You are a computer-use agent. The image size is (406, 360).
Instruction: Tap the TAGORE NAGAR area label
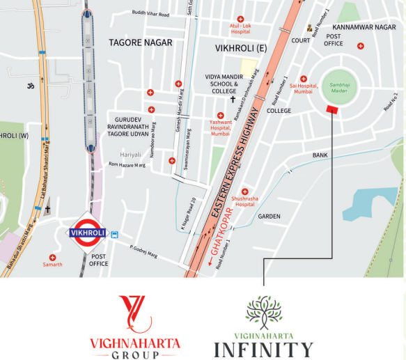click(x=140, y=43)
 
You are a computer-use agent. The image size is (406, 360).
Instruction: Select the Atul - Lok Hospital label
click(x=240, y=29)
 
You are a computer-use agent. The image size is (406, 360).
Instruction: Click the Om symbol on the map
click(x=30, y=87)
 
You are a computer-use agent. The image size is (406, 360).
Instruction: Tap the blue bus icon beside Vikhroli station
click(x=114, y=235)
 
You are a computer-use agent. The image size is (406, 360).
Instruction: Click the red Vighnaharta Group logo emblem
click(x=135, y=313)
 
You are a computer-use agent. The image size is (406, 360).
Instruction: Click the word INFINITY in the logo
click(x=263, y=349)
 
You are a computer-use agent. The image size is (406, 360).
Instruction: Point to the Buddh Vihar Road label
click(x=150, y=14)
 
